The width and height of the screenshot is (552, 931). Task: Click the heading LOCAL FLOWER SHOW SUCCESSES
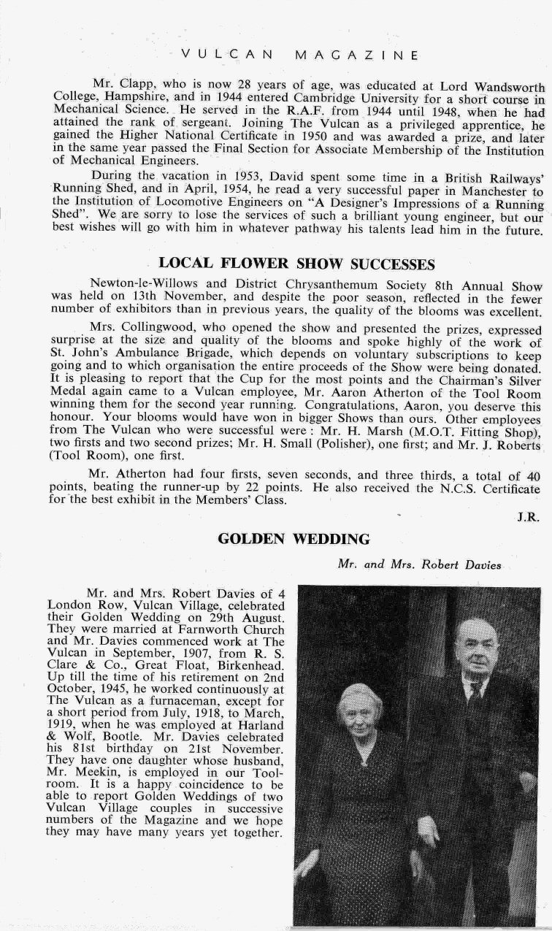point(296,264)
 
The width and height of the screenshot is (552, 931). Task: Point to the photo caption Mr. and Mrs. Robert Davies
point(419,564)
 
